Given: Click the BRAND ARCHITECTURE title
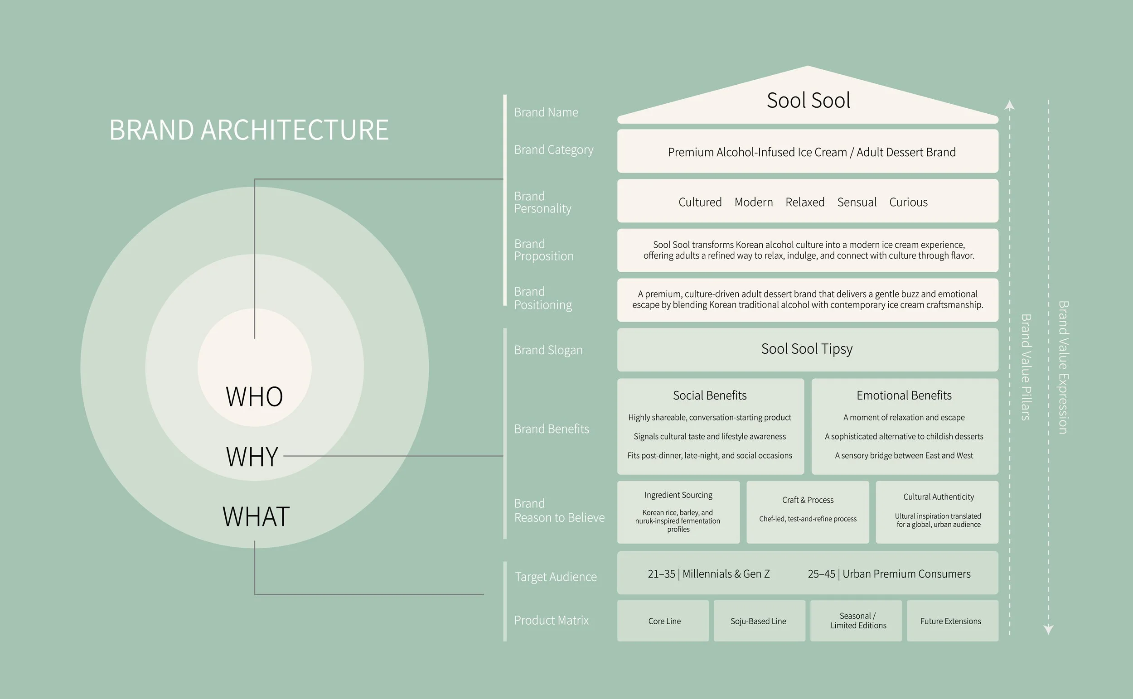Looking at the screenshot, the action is [x=249, y=130].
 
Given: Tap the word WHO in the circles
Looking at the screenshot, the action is [x=254, y=397].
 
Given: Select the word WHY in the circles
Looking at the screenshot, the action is [x=252, y=457].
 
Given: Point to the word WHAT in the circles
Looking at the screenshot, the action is [x=256, y=517].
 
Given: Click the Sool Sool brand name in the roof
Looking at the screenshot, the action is [x=808, y=101].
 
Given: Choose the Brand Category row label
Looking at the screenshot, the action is [x=553, y=150].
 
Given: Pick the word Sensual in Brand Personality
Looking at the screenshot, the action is [x=857, y=202].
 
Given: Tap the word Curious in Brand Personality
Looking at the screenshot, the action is [x=908, y=202].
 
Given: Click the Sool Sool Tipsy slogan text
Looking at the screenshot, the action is [x=807, y=349].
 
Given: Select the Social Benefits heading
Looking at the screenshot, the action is [x=709, y=395].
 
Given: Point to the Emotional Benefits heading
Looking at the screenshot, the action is [x=904, y=395].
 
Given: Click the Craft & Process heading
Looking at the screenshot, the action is [x=808, y=500].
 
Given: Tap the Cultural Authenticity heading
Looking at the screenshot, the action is [x=938, y=497].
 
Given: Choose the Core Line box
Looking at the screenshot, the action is [x=664, y=621].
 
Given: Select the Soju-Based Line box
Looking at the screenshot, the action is [x=758, y=621].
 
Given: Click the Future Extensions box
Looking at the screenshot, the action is [x=950, y=621].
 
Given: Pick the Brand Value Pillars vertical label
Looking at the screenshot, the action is [x=1025, y=367].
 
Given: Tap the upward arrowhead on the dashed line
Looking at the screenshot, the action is [x=1010, y=106].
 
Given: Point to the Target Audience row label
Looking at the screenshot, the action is [x=556, y=577].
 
